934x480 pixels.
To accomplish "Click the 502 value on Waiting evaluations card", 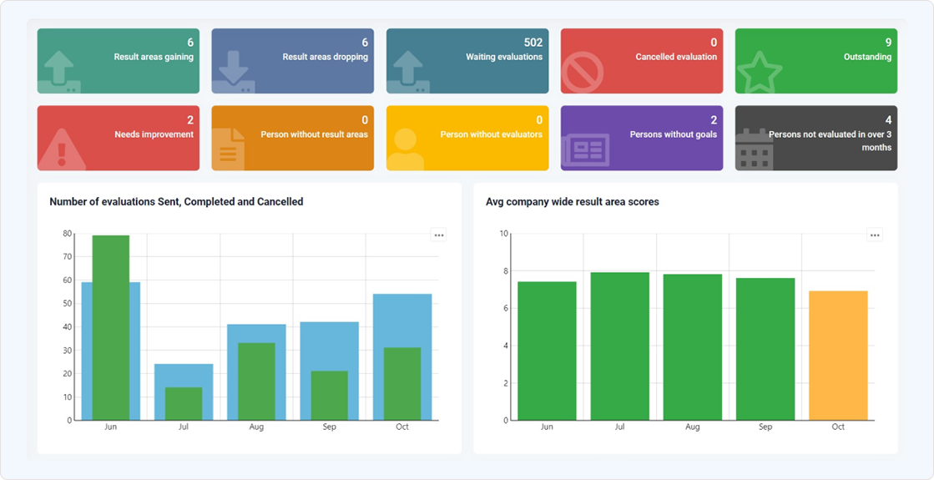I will pos(533,43).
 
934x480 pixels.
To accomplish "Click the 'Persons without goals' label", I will pos(673,134).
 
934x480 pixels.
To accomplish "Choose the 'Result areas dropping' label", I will pos(325,58).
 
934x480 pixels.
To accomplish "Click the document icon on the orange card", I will pos(229,150).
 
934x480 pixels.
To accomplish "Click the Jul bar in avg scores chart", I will pos(619,346).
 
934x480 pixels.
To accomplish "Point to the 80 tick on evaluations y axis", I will pos(67,234).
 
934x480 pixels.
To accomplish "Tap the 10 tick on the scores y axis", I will pos(503,234).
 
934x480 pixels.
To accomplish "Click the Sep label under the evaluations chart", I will pos(330,427).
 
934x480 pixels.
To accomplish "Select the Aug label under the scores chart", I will pos(692,427).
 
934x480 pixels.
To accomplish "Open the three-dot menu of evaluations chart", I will pos(438,235).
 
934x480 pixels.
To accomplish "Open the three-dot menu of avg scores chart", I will pos(874,235).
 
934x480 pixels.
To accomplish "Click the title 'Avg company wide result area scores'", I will pos(572,202).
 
